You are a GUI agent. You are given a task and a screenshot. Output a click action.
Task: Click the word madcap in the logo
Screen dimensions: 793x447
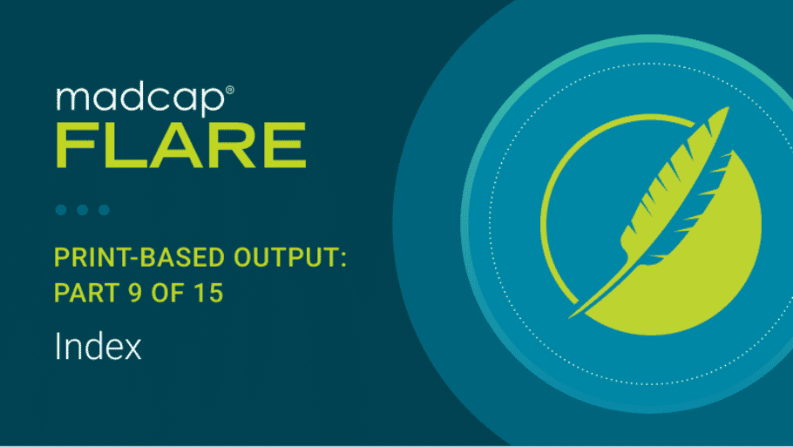pos(140,99)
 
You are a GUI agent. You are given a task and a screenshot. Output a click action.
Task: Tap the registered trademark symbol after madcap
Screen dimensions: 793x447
pos(229,90)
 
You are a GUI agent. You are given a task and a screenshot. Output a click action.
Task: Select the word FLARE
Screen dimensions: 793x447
pos(181,146)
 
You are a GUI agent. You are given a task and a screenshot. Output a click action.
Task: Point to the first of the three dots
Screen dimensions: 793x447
pos(61,210)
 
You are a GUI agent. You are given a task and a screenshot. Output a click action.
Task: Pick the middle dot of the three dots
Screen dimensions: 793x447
pos(83,210)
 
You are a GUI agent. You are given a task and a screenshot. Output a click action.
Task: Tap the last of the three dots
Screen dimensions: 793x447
pos(105,210)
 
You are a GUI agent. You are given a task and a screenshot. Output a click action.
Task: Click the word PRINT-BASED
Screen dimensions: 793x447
pos(139,257)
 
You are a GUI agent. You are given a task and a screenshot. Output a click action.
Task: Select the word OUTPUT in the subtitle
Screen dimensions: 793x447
pos(286,257)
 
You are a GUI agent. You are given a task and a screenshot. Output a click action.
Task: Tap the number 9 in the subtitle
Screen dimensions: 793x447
pos(136,293)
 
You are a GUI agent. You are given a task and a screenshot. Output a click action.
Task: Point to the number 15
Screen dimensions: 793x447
pos(209,293)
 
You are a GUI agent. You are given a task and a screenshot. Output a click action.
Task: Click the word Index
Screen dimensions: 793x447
pos(98,347)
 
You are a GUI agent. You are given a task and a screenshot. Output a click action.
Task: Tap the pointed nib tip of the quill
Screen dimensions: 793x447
pos(571,317)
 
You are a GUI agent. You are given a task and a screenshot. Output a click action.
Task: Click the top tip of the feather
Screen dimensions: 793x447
pos(728,108)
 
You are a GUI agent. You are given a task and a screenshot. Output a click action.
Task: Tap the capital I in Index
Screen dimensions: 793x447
pos(58,347)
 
